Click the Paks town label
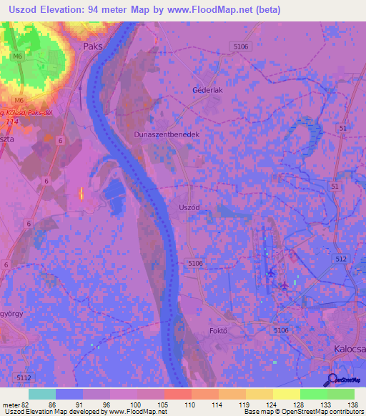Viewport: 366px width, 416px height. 93,46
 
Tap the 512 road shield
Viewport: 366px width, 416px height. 340,259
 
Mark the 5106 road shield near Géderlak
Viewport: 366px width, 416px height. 242,46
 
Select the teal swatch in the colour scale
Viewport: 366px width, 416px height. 42,394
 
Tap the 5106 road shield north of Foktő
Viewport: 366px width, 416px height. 195,264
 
